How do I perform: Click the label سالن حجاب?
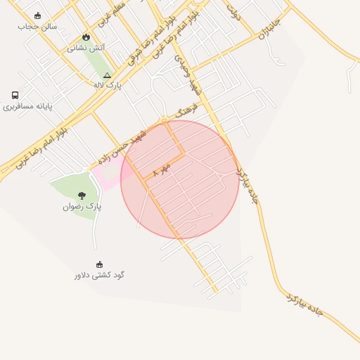click(37, 26)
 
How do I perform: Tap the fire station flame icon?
click(86, 37)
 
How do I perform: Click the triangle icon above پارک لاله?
click(107, 75)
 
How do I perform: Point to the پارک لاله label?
click(108, 84)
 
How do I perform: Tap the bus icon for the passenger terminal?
click(15, 95)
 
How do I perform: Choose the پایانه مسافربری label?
click(27, 107)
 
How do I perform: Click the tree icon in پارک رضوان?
click(82, 195)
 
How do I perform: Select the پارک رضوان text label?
click(82, 207)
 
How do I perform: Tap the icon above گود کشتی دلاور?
click(99, 264)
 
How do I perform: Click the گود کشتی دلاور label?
click(99, 275)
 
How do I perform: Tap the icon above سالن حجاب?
click(37, 15)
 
